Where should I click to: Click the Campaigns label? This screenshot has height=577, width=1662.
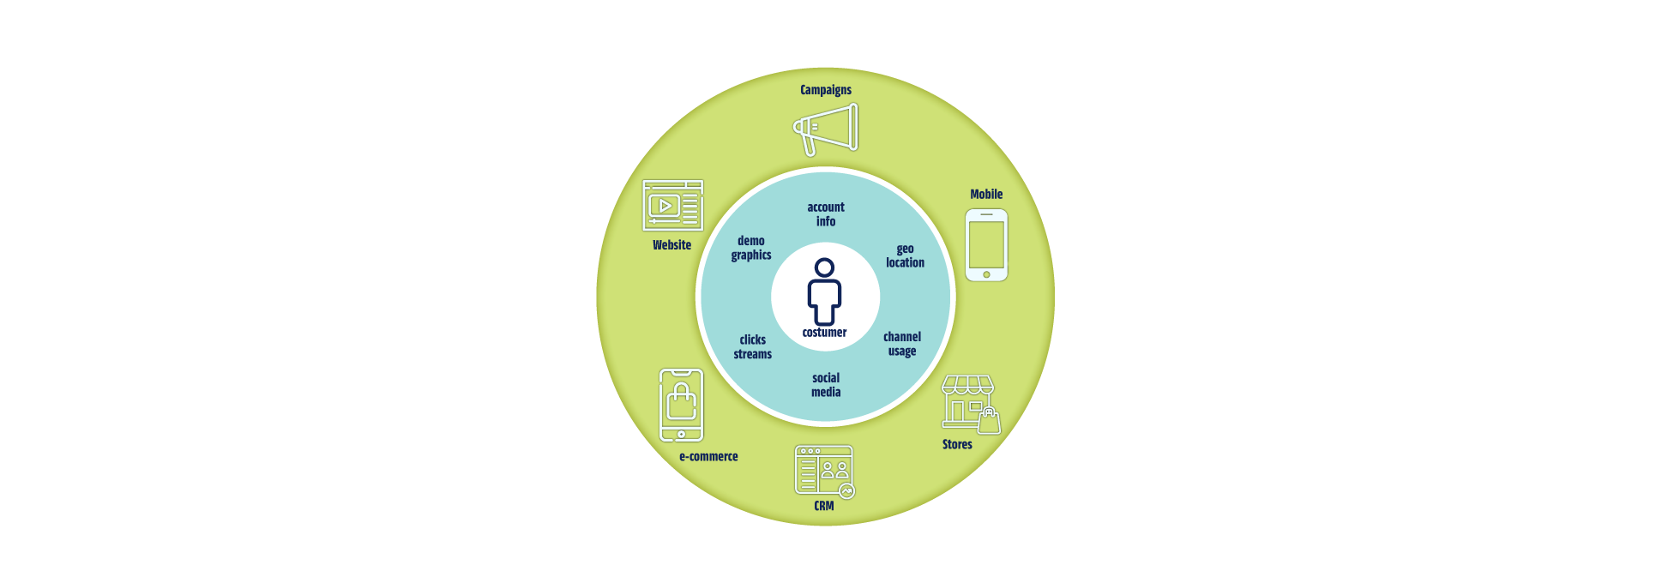[x=826, y=90]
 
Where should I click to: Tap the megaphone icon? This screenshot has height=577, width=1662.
[x=825, y=129]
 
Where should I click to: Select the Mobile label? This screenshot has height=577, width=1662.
[x=986, y=195]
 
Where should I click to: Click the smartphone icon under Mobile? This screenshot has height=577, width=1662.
[x=986, y=245]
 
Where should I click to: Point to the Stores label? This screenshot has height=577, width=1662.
[x=957, y=444]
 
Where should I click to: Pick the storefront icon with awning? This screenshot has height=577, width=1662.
[x=971, y=404]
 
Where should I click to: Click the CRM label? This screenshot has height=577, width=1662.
[x=824, y=506]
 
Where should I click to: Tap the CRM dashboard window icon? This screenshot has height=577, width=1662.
[x=824, y=471]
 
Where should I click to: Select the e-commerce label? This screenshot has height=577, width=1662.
[x=708, y=457]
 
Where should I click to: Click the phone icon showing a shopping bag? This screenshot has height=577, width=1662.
[x=681, y=406]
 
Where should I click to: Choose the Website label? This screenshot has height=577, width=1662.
[x=671, y=245]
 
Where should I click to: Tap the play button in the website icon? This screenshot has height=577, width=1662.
[x=665, y=206]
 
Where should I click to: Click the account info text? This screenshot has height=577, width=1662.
[x=826, y=214]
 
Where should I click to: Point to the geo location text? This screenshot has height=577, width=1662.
[x=905, y=256]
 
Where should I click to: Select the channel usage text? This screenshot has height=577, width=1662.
[x=902, y=344]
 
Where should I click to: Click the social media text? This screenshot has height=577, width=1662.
[x=826, y=385]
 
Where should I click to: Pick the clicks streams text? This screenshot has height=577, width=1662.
[x=752, y=347]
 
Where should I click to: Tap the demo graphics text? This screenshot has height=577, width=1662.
[x=751, y=249]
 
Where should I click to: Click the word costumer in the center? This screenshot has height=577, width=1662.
[x=824, y=333]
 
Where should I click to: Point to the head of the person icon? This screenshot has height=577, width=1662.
[x=824, y=268]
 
